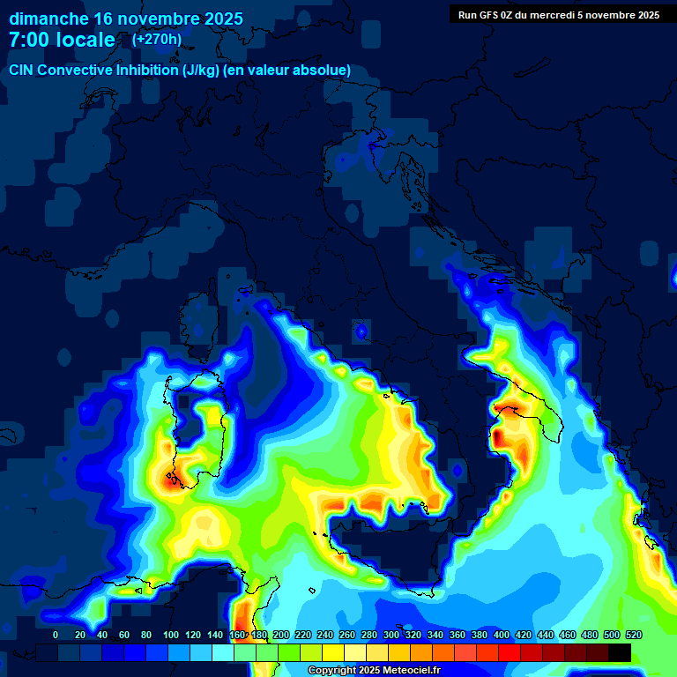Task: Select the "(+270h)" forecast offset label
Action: click(157, 39)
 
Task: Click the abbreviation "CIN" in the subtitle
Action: click(23, 71)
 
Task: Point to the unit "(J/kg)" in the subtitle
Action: click(206, 71)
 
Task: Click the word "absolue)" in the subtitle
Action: click(321, 71)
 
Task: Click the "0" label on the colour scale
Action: click(56, 635)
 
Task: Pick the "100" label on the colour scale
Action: click(171, 635)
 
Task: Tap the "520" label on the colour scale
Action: click(633, 635)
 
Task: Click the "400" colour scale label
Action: click(502, 635)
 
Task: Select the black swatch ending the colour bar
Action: click(620, 652)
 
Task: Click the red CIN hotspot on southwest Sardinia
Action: click(170, 480)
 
